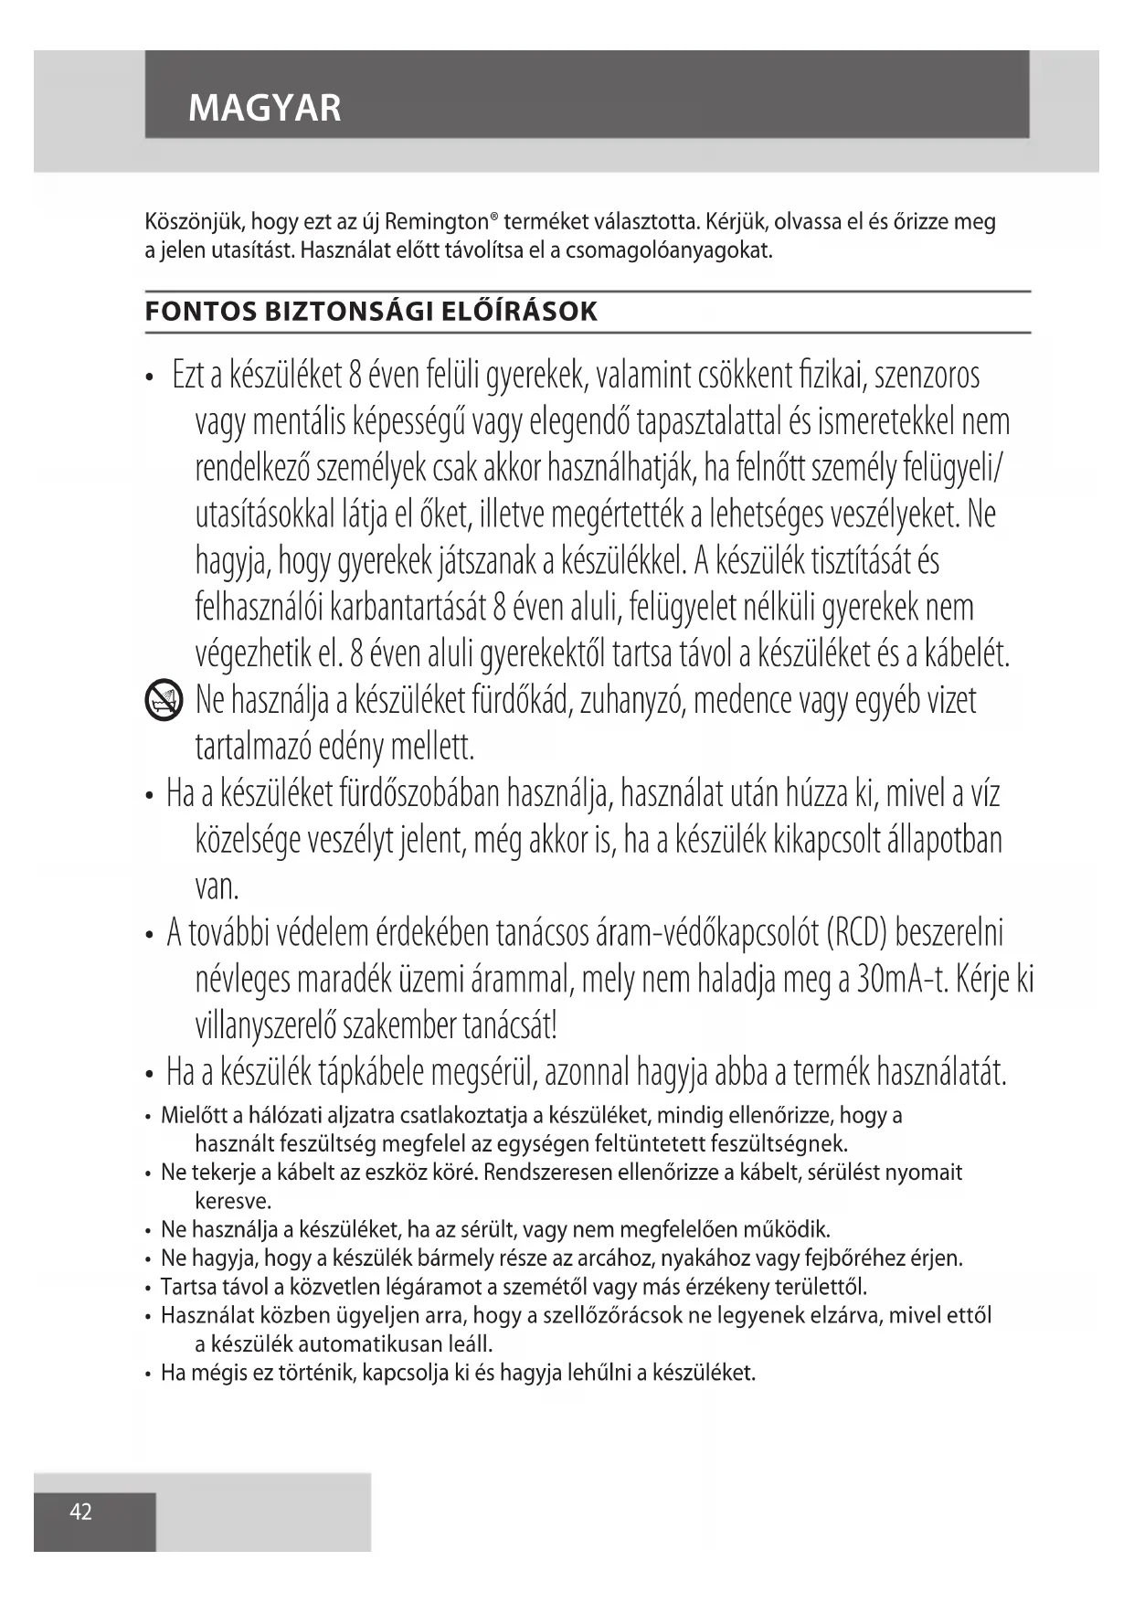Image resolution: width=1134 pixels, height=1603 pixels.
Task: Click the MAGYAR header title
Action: pyautogui.click(x=264, y=108)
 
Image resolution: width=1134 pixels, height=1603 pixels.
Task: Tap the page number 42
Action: pyautogui.click(x=81, y=1512)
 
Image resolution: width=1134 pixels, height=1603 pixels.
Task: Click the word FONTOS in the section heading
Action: pyautogui.click(x=201, y=312)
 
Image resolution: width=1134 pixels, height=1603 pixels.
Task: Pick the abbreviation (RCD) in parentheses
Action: pyautogui.click(x=856, y=933)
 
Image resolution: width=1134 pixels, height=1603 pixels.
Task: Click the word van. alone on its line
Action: pyautogui.click(x=217, y=887)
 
